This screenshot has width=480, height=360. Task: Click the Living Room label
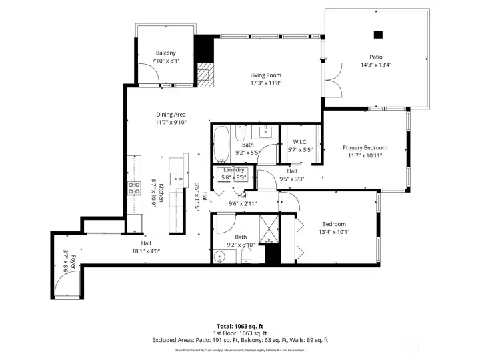(x=266, y=75)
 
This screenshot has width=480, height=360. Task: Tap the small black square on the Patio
(x=378, y=35)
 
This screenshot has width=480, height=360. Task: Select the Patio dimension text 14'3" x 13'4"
(x=377, y=65)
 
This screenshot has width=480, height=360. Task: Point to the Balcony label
(x=165, y=53)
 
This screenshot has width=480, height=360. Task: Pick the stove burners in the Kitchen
(x=134, y=187)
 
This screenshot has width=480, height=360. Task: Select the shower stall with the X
(x=267, y=229)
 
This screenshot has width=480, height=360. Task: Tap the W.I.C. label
(x=299, y=141)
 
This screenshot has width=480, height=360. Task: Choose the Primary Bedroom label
(x=365, y=147)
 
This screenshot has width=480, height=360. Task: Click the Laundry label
(x=233, y=170)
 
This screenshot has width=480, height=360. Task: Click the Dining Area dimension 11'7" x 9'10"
(x=171, y=122)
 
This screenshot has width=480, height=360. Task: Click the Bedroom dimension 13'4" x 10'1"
(x=334, y=232)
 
